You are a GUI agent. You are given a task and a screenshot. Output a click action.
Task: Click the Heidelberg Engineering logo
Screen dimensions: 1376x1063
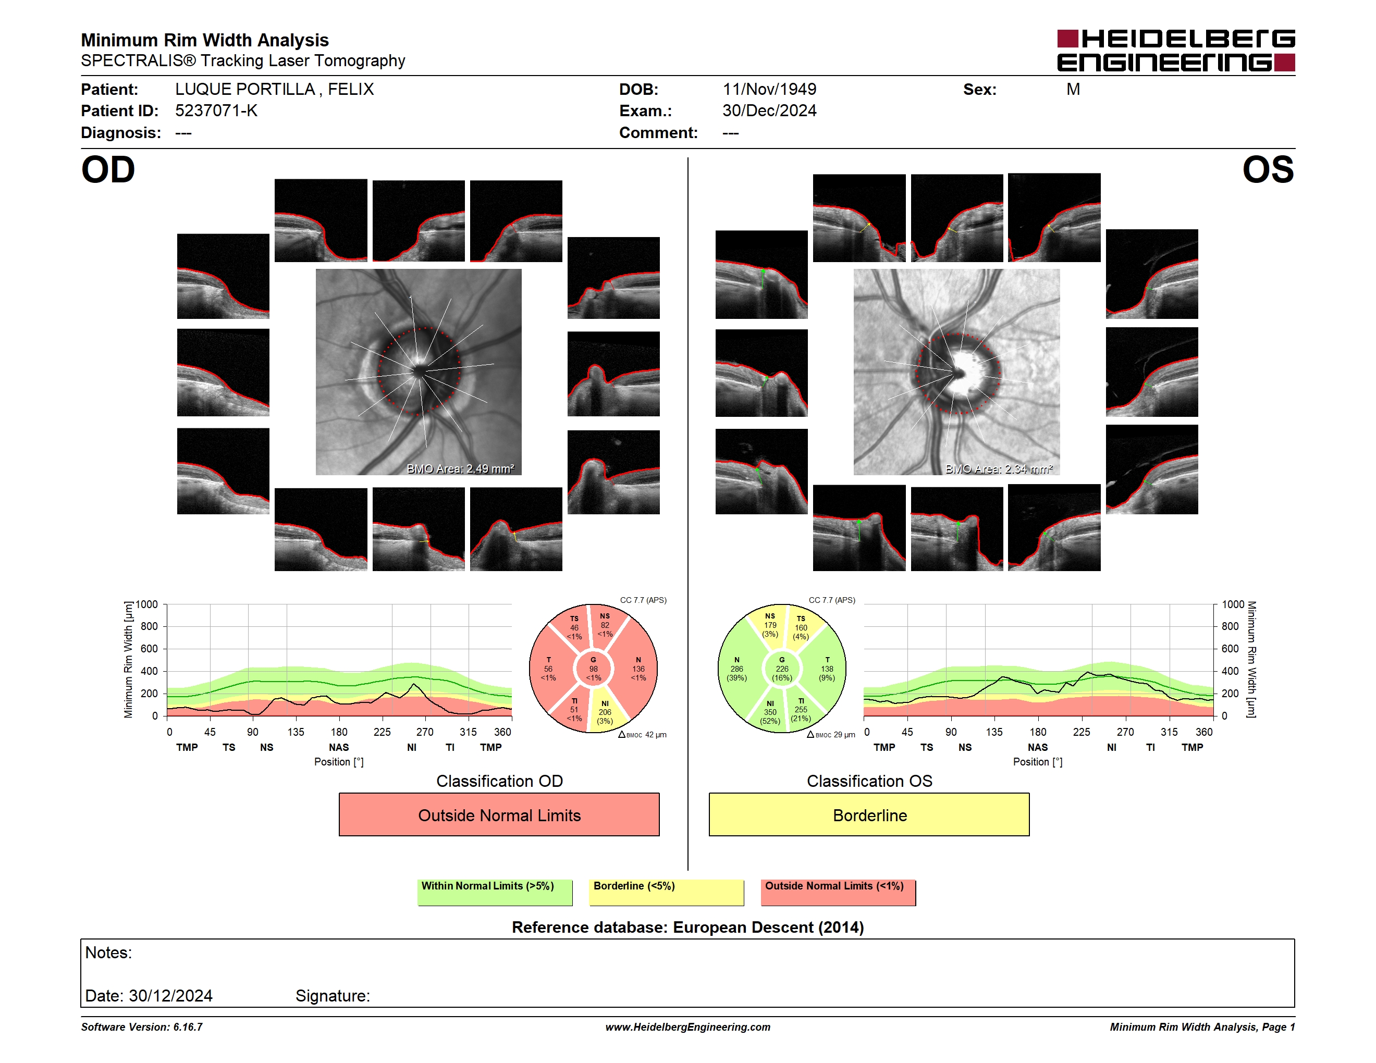[1176, 51]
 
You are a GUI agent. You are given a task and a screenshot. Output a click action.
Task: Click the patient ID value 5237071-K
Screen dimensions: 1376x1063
[216, 111]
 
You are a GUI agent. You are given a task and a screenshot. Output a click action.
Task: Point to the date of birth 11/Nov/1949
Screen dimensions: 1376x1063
[769, 90]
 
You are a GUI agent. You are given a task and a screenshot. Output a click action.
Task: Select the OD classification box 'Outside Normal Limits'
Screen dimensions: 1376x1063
[499, 814]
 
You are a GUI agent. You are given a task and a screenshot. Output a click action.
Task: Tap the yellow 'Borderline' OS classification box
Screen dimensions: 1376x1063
[869, 814]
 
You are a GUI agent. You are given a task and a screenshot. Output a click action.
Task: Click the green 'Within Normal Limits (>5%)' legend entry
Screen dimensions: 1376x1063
[495, 892]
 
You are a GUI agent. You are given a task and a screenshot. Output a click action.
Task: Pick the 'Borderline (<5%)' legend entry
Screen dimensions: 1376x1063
[666, 892]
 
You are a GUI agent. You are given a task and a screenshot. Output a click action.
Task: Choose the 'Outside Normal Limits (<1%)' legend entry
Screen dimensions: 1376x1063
[838, 892]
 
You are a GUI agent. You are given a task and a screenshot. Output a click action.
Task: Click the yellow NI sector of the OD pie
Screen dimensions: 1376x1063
[606, 710]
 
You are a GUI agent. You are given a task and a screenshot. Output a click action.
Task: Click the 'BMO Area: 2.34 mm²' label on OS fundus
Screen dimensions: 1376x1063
[999, 468]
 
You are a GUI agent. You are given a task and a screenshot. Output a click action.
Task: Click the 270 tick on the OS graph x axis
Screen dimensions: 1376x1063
[1125, 732]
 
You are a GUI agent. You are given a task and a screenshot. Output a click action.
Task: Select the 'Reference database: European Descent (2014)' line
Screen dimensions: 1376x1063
[688, 928]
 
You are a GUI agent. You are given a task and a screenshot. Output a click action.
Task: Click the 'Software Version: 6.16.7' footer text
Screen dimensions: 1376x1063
[142, 1027]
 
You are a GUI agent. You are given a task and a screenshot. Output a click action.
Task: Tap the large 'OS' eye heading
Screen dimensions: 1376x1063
[1268, 170]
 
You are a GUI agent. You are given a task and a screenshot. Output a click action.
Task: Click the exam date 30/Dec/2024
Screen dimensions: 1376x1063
[769, 111]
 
